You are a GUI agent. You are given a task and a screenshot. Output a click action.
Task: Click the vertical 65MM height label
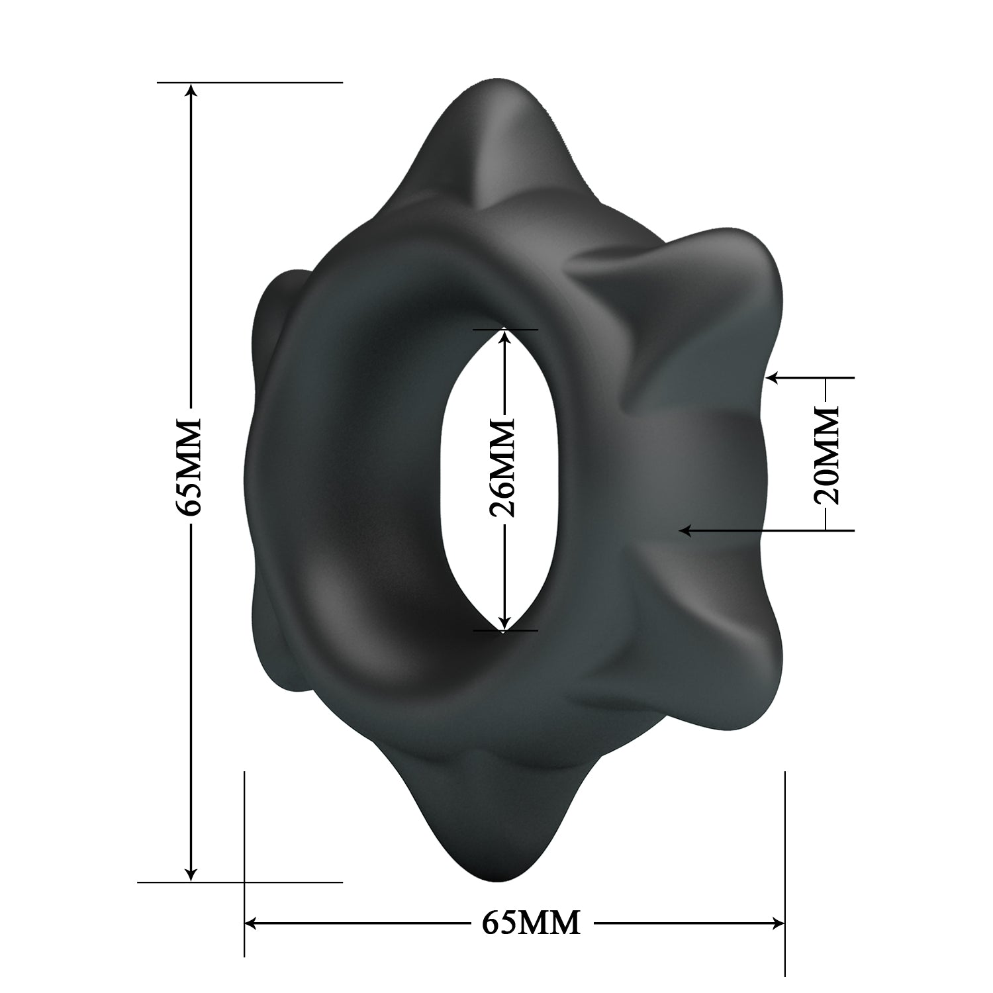tap(188, 467)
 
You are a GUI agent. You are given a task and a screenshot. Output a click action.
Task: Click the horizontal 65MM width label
tap(531, 922)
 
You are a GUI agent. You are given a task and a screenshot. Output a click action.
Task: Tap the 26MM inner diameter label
tap(502, 467)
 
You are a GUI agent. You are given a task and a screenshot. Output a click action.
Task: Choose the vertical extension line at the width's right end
tap(784, 861)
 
